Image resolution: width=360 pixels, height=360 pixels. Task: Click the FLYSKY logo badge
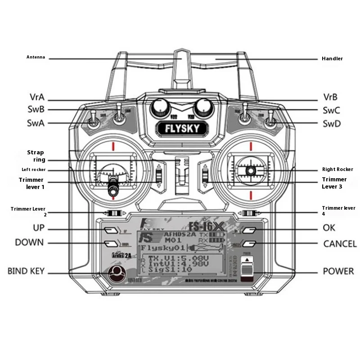pyautogui.click(x=182, y=128)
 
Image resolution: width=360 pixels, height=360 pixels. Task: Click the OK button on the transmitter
pyautogui.click(x=250, y=230)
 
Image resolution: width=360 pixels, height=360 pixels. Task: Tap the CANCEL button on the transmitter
pyautogui.click(x=250, y=244)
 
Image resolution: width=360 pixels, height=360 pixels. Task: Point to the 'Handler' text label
pyautogui.click(x=332, y=58)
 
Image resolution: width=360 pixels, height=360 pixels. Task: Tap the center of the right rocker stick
pyautogui.click(x=250, y=171)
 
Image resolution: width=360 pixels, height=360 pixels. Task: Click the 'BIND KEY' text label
pyautogui.click(x=26, y=271)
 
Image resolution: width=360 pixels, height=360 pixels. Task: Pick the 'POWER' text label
pyautogui.click(x=338, y=271)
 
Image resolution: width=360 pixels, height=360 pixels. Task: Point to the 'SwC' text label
pyautogui.click(x=331, y=110)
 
